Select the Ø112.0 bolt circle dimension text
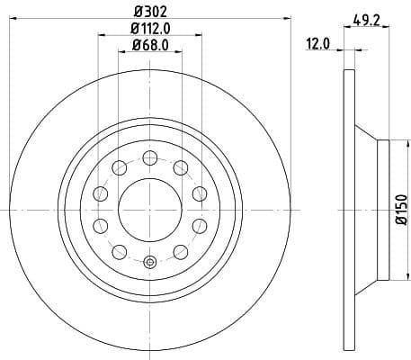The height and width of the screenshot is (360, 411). click(149, 30)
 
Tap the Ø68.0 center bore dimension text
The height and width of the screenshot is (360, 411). click(149, 45)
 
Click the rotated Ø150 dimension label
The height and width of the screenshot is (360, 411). click(400, 209)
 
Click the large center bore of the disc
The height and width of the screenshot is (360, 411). click(149, 210)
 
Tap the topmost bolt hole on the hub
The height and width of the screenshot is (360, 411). click(149, 158)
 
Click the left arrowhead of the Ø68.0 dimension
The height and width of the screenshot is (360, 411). click(121, 52)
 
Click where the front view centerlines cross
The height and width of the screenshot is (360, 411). click(149, 210)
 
